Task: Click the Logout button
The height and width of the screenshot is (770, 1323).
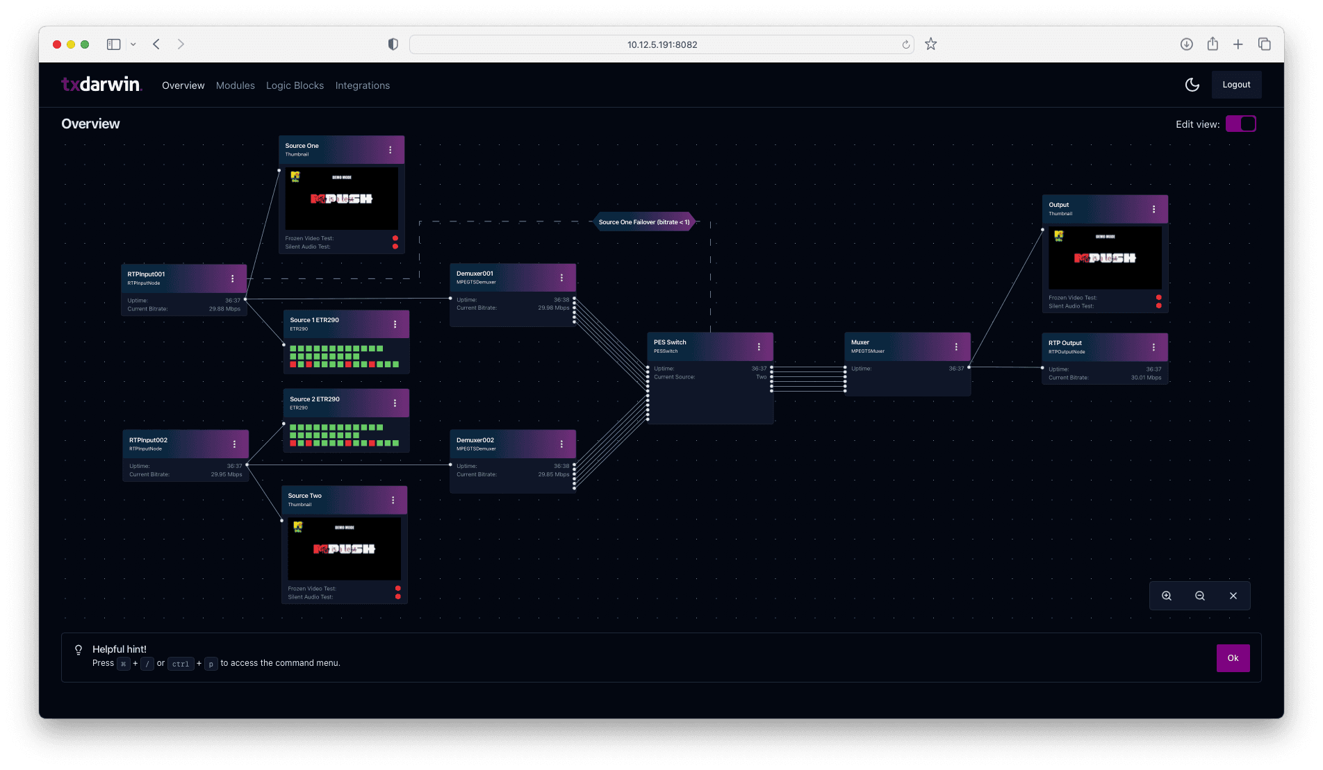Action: [x=1236, y=85]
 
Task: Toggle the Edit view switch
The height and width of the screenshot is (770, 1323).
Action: [x=1240, y=124]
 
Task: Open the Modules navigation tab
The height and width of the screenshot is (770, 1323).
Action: [x=235, y=85]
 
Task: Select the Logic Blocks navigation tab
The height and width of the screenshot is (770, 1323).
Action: [x=295, y=85]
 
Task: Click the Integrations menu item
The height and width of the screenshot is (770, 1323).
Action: [x=362, y=85]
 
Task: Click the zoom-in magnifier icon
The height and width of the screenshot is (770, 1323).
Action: [x=1167, y=596]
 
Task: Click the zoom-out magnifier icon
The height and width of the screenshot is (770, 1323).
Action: [x=1200, y=596]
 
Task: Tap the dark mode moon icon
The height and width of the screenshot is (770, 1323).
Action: [x=1192, y=85]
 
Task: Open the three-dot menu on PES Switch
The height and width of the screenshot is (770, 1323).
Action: [x=759, y=346]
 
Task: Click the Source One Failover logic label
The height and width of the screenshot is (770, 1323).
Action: [x=644, y=222]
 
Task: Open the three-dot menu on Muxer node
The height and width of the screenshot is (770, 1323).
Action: [x=956, y=346]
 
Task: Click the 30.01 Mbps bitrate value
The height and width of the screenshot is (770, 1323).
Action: [x=1146, y=378]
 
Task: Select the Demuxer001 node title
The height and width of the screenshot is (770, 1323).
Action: [x=475, y=274]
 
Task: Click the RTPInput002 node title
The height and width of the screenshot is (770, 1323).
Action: [x=148, y=440]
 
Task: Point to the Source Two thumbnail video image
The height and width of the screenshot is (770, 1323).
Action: [x=344, y=549]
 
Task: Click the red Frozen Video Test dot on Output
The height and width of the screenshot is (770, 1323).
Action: [x=1158, y=298]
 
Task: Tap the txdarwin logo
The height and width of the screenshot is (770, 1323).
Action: [x=101, y=85]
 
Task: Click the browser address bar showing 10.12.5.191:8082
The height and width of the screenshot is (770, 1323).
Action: [x=661, y=44]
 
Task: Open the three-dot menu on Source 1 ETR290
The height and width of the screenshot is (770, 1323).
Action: [x=395, y=324]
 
